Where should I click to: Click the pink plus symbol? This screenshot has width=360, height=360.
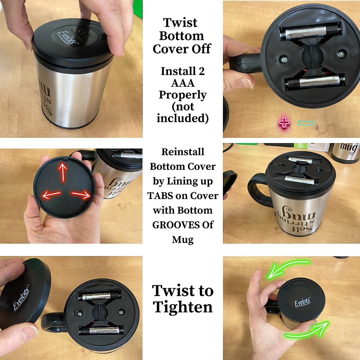point(284,122)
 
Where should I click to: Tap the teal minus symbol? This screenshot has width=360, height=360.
point(306,123)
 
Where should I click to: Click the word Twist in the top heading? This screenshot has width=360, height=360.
point(180,22)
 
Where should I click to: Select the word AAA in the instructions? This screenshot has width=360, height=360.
point(183,83)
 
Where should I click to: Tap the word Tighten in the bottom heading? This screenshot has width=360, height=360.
point(183,307)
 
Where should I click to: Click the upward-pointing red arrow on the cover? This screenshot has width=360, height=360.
point(63,171)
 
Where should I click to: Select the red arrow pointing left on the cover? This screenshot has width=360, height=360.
point(51,194)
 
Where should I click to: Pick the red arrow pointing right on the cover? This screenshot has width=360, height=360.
point(81,194)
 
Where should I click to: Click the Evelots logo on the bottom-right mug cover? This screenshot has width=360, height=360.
point(302,302)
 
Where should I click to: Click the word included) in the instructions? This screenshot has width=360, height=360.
point(183,118)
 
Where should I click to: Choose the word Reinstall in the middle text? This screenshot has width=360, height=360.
point(183,152)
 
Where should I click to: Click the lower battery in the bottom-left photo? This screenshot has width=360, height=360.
point(101,331)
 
